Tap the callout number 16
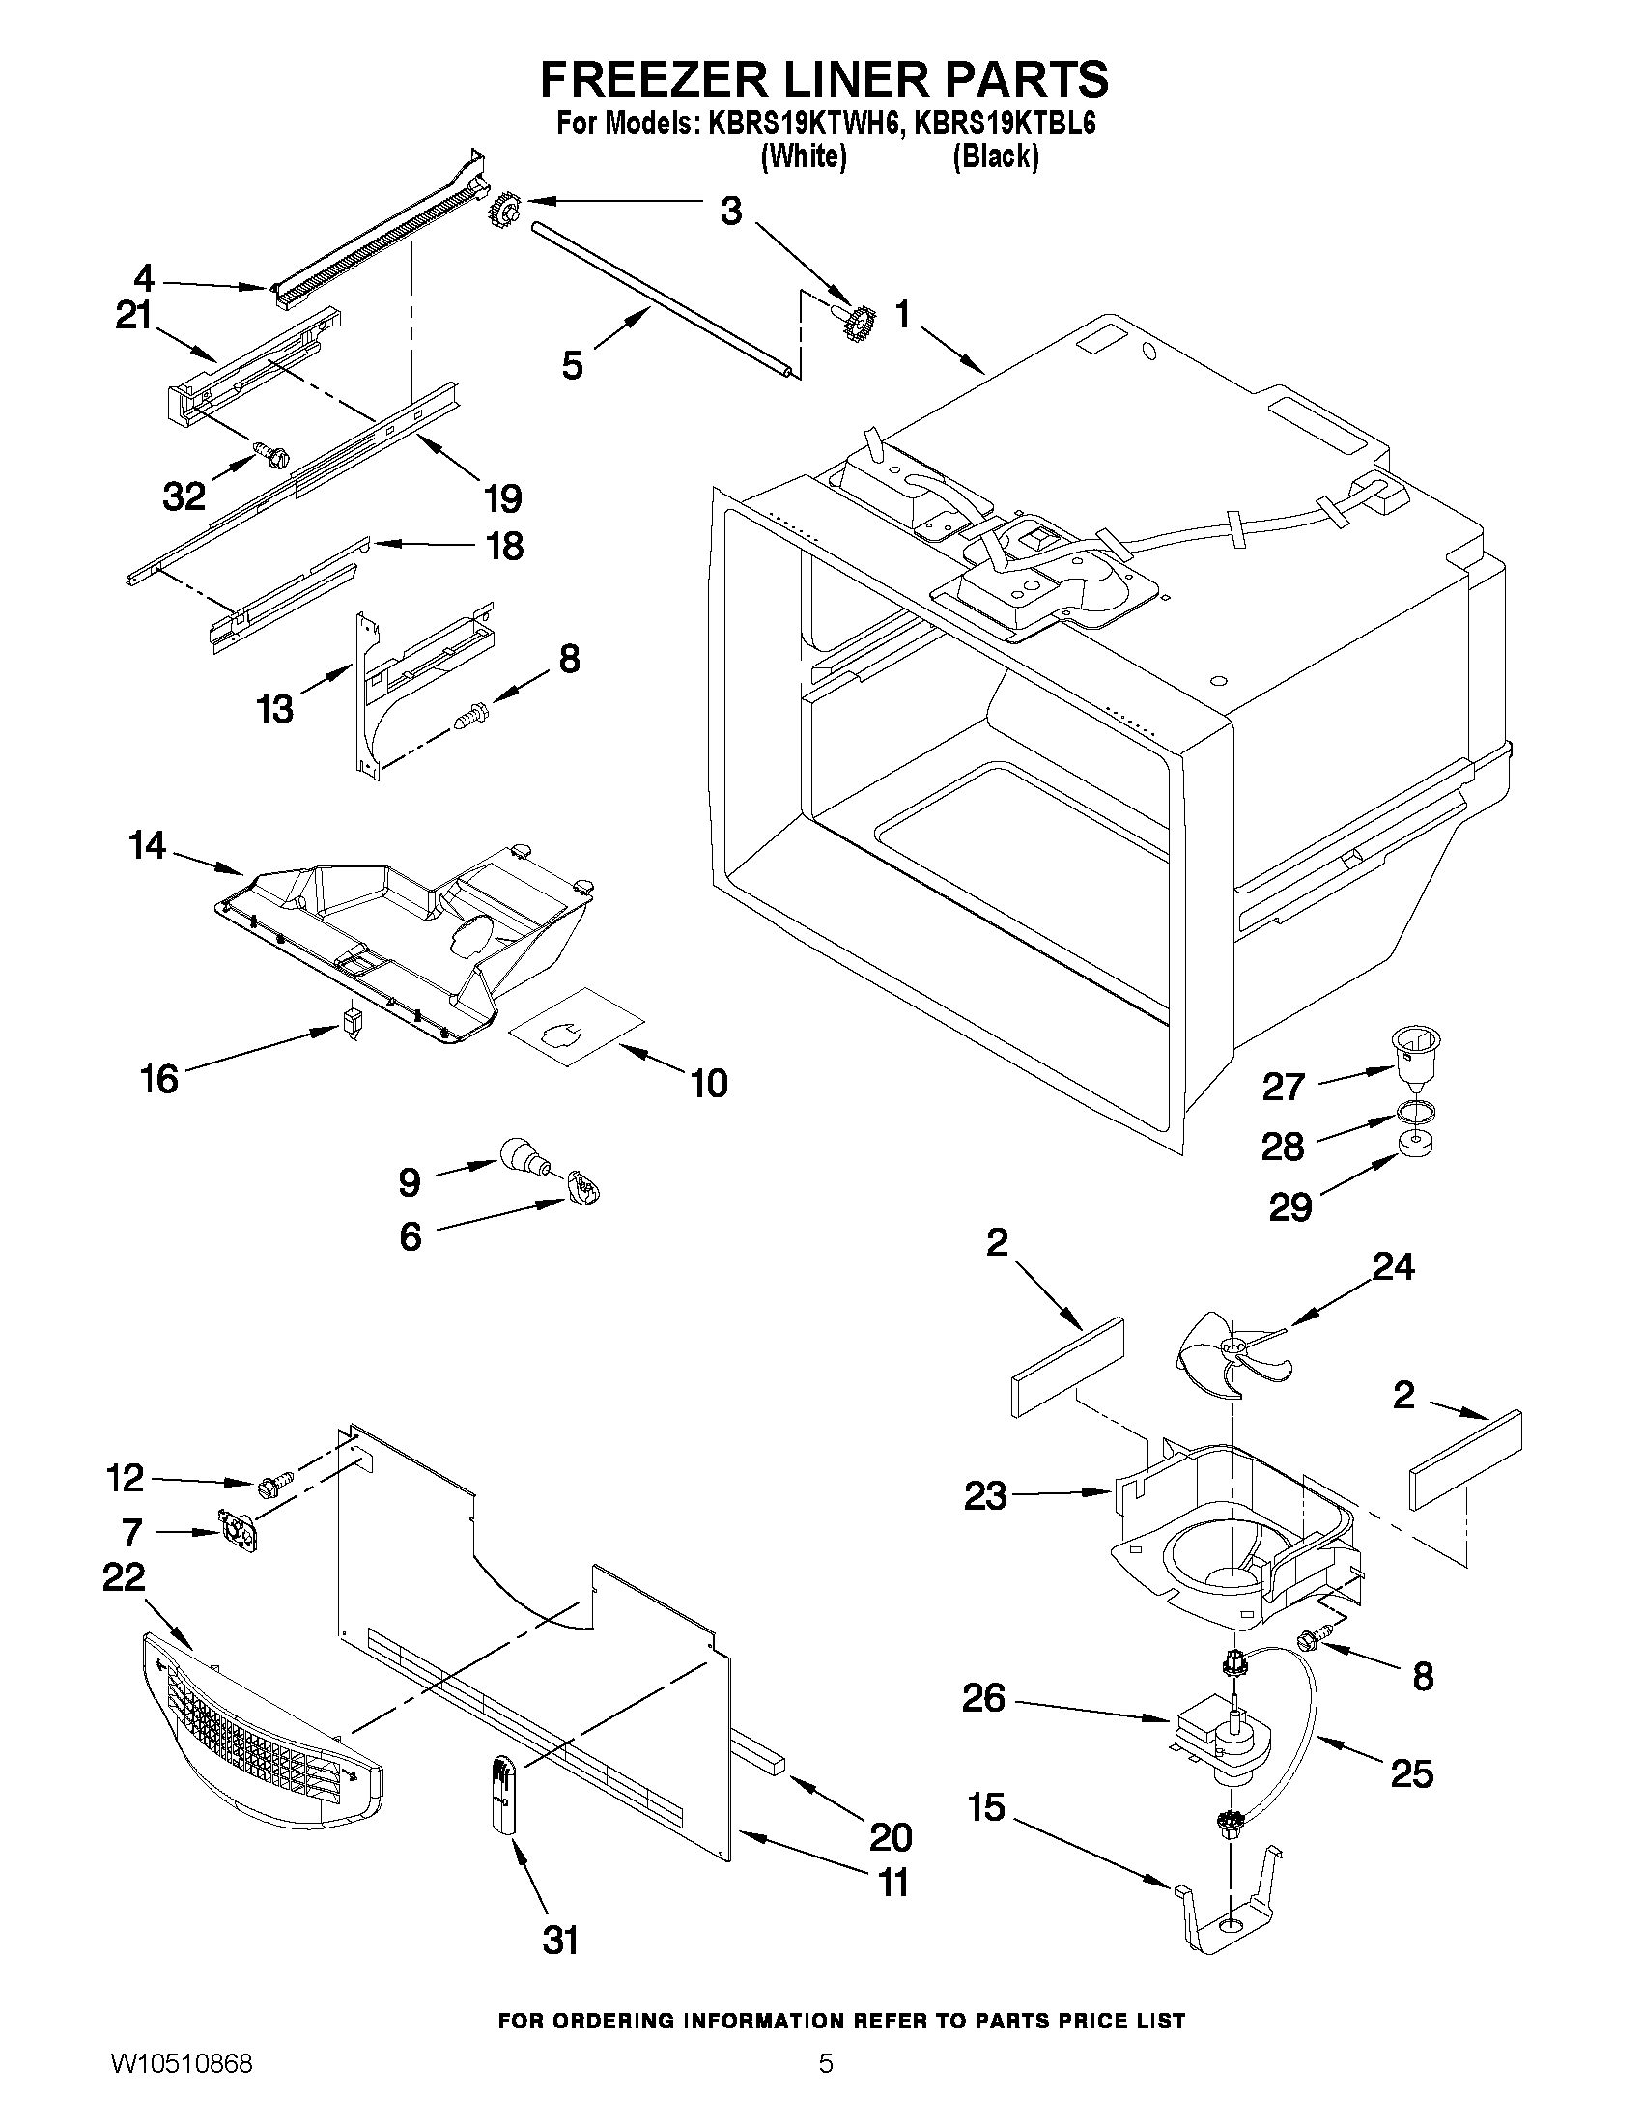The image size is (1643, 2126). (159, 1079)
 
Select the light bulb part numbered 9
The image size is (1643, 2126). (525, 1157)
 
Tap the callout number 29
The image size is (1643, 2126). (1290, 1207)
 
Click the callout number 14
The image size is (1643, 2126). (148, 845)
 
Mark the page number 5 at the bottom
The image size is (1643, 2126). (826, 2088)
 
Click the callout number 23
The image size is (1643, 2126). (985, 1496)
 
